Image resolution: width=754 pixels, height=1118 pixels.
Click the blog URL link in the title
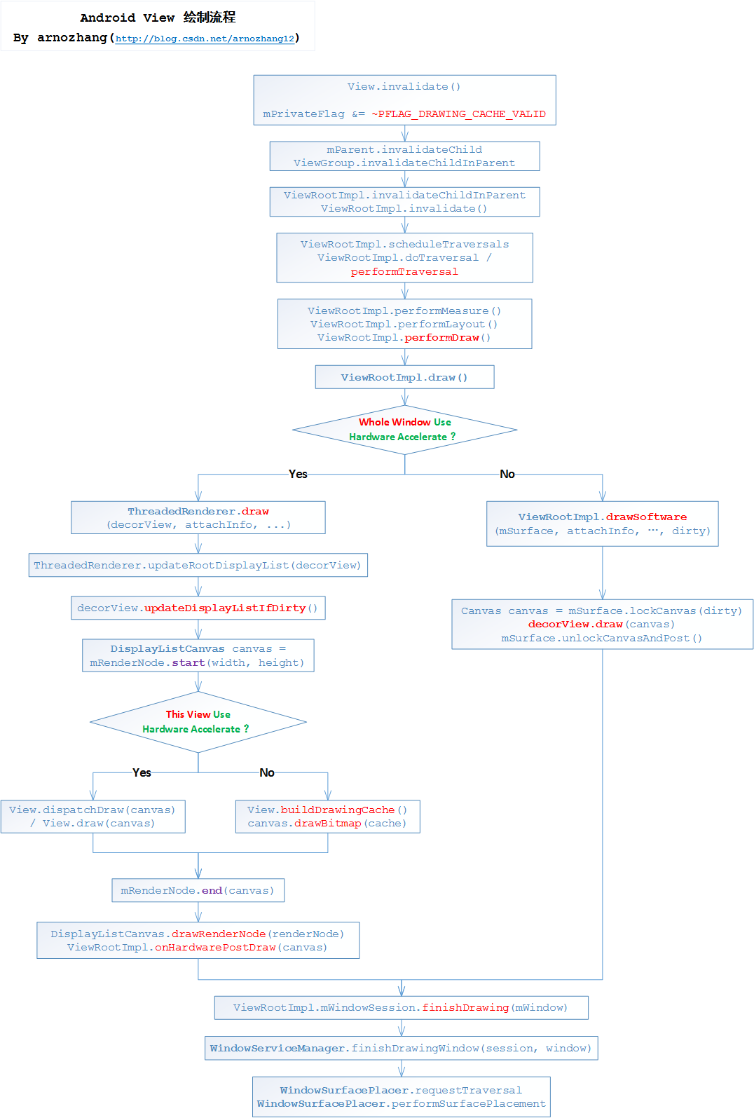205,39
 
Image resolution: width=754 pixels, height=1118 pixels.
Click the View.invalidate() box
404,99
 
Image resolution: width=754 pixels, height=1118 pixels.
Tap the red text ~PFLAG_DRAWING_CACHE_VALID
458,114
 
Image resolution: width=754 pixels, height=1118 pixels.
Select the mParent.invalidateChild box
404,156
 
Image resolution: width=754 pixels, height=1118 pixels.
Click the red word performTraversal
404,271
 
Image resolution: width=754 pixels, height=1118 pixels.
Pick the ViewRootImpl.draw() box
404,377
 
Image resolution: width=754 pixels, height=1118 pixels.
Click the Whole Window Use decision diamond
404,429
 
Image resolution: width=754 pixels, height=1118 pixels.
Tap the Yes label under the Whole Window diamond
298,474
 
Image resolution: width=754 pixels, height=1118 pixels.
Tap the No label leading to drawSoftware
507,474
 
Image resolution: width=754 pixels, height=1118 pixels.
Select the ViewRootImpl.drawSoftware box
602,524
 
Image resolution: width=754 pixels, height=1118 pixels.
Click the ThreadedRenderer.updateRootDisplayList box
198,565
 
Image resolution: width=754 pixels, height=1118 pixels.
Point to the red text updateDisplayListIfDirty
225,608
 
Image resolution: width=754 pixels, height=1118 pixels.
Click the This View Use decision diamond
198,722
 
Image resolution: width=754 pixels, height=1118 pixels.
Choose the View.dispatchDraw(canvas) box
92,816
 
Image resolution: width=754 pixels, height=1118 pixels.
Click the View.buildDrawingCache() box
327,816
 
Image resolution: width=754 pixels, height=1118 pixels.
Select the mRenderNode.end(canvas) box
198,890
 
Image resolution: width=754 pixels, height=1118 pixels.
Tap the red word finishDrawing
465,1007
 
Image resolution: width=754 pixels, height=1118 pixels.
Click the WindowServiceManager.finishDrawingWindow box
401,1048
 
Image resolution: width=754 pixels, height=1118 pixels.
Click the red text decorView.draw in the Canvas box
575,624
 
